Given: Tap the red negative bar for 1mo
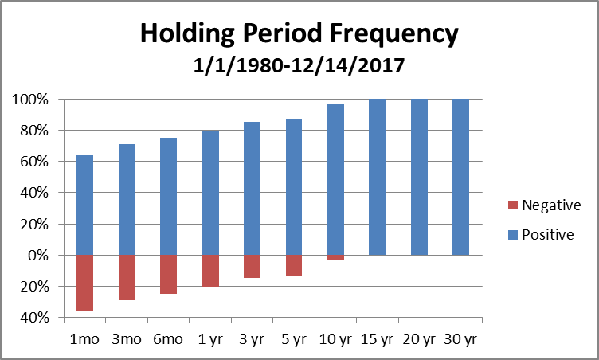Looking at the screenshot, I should (85, 283).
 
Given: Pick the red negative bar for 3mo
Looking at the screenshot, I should (127, 277).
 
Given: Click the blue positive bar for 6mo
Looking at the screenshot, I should (168, 196).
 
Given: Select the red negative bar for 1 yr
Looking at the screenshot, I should (210, 270).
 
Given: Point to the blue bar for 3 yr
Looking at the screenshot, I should (252, 188).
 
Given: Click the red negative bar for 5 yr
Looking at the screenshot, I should (293, 265).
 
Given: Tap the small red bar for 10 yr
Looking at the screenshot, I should (335, 257).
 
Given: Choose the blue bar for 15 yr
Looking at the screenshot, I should (377, 177).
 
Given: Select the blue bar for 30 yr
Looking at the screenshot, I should (460, 177).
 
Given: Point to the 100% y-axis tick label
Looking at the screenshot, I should (30, 100).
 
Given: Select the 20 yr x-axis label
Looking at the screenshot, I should (418, 338).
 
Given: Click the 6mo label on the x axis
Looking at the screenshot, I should (168, 338).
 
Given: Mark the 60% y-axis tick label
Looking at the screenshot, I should (33, 162).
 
